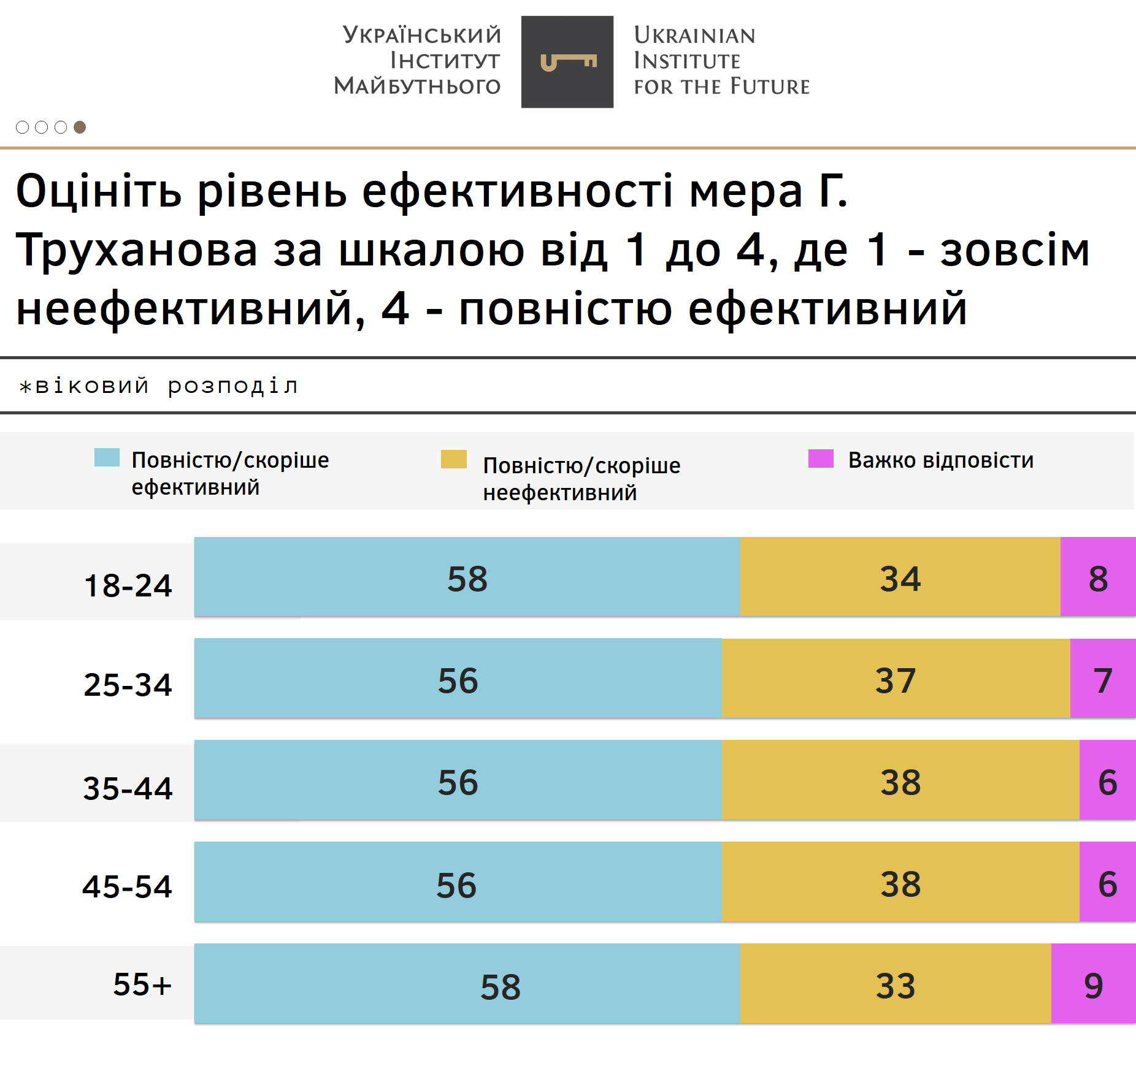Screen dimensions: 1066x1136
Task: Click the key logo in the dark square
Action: (x=567, y=62)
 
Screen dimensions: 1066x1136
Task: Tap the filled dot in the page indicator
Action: (x=80, y=127)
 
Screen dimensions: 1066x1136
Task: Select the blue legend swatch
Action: (x=107, y=458)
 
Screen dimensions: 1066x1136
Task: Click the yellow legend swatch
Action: (x=453, y=459)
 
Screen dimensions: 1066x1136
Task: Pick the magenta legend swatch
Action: (x=821, y=459)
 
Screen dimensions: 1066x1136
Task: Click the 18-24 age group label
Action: (x=128, y=585)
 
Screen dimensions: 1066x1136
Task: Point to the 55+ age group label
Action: (x=142, y=984)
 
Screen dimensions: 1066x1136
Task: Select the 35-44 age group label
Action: (x=128, y=788)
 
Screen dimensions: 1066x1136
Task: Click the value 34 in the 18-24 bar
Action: (x=900, y=579)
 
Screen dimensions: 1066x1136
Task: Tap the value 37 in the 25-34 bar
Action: (x=895, y=680)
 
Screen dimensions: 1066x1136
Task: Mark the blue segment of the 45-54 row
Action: (x=458, y=883)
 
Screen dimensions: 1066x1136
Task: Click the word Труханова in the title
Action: (x=137, y=251)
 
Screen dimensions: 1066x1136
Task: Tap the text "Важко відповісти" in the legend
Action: (x=940, y=460)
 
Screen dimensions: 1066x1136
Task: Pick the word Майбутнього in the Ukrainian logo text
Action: (x=417, y=86)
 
